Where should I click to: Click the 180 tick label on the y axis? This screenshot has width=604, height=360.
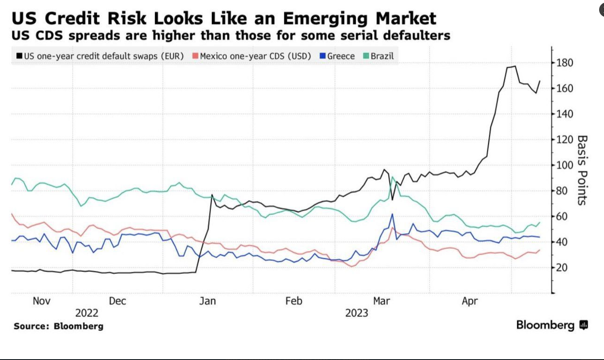[x=565, y=63]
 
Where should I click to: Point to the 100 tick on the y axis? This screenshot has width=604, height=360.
[x=565, y=165]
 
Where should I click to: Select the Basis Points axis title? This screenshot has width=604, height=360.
[x=582, y=170]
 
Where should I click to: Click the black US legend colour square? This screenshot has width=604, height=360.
[x=20, y=56]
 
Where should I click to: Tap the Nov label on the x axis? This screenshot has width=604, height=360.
[x=41, y=301]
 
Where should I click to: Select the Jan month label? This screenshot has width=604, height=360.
[x=207, y=301]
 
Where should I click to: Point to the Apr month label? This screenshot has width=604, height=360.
[x=470, y=301]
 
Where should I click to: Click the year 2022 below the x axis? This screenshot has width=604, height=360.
[x=87, y=313]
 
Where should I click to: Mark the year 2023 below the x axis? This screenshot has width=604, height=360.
[x=356, y=313]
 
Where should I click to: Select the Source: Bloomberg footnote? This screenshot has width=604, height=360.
[x=59, y=326]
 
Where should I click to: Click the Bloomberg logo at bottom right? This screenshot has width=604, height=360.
[x=552, y=325]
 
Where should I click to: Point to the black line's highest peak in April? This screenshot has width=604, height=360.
[x=515, y=66]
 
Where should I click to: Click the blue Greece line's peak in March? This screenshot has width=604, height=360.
[x=392, y=214]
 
